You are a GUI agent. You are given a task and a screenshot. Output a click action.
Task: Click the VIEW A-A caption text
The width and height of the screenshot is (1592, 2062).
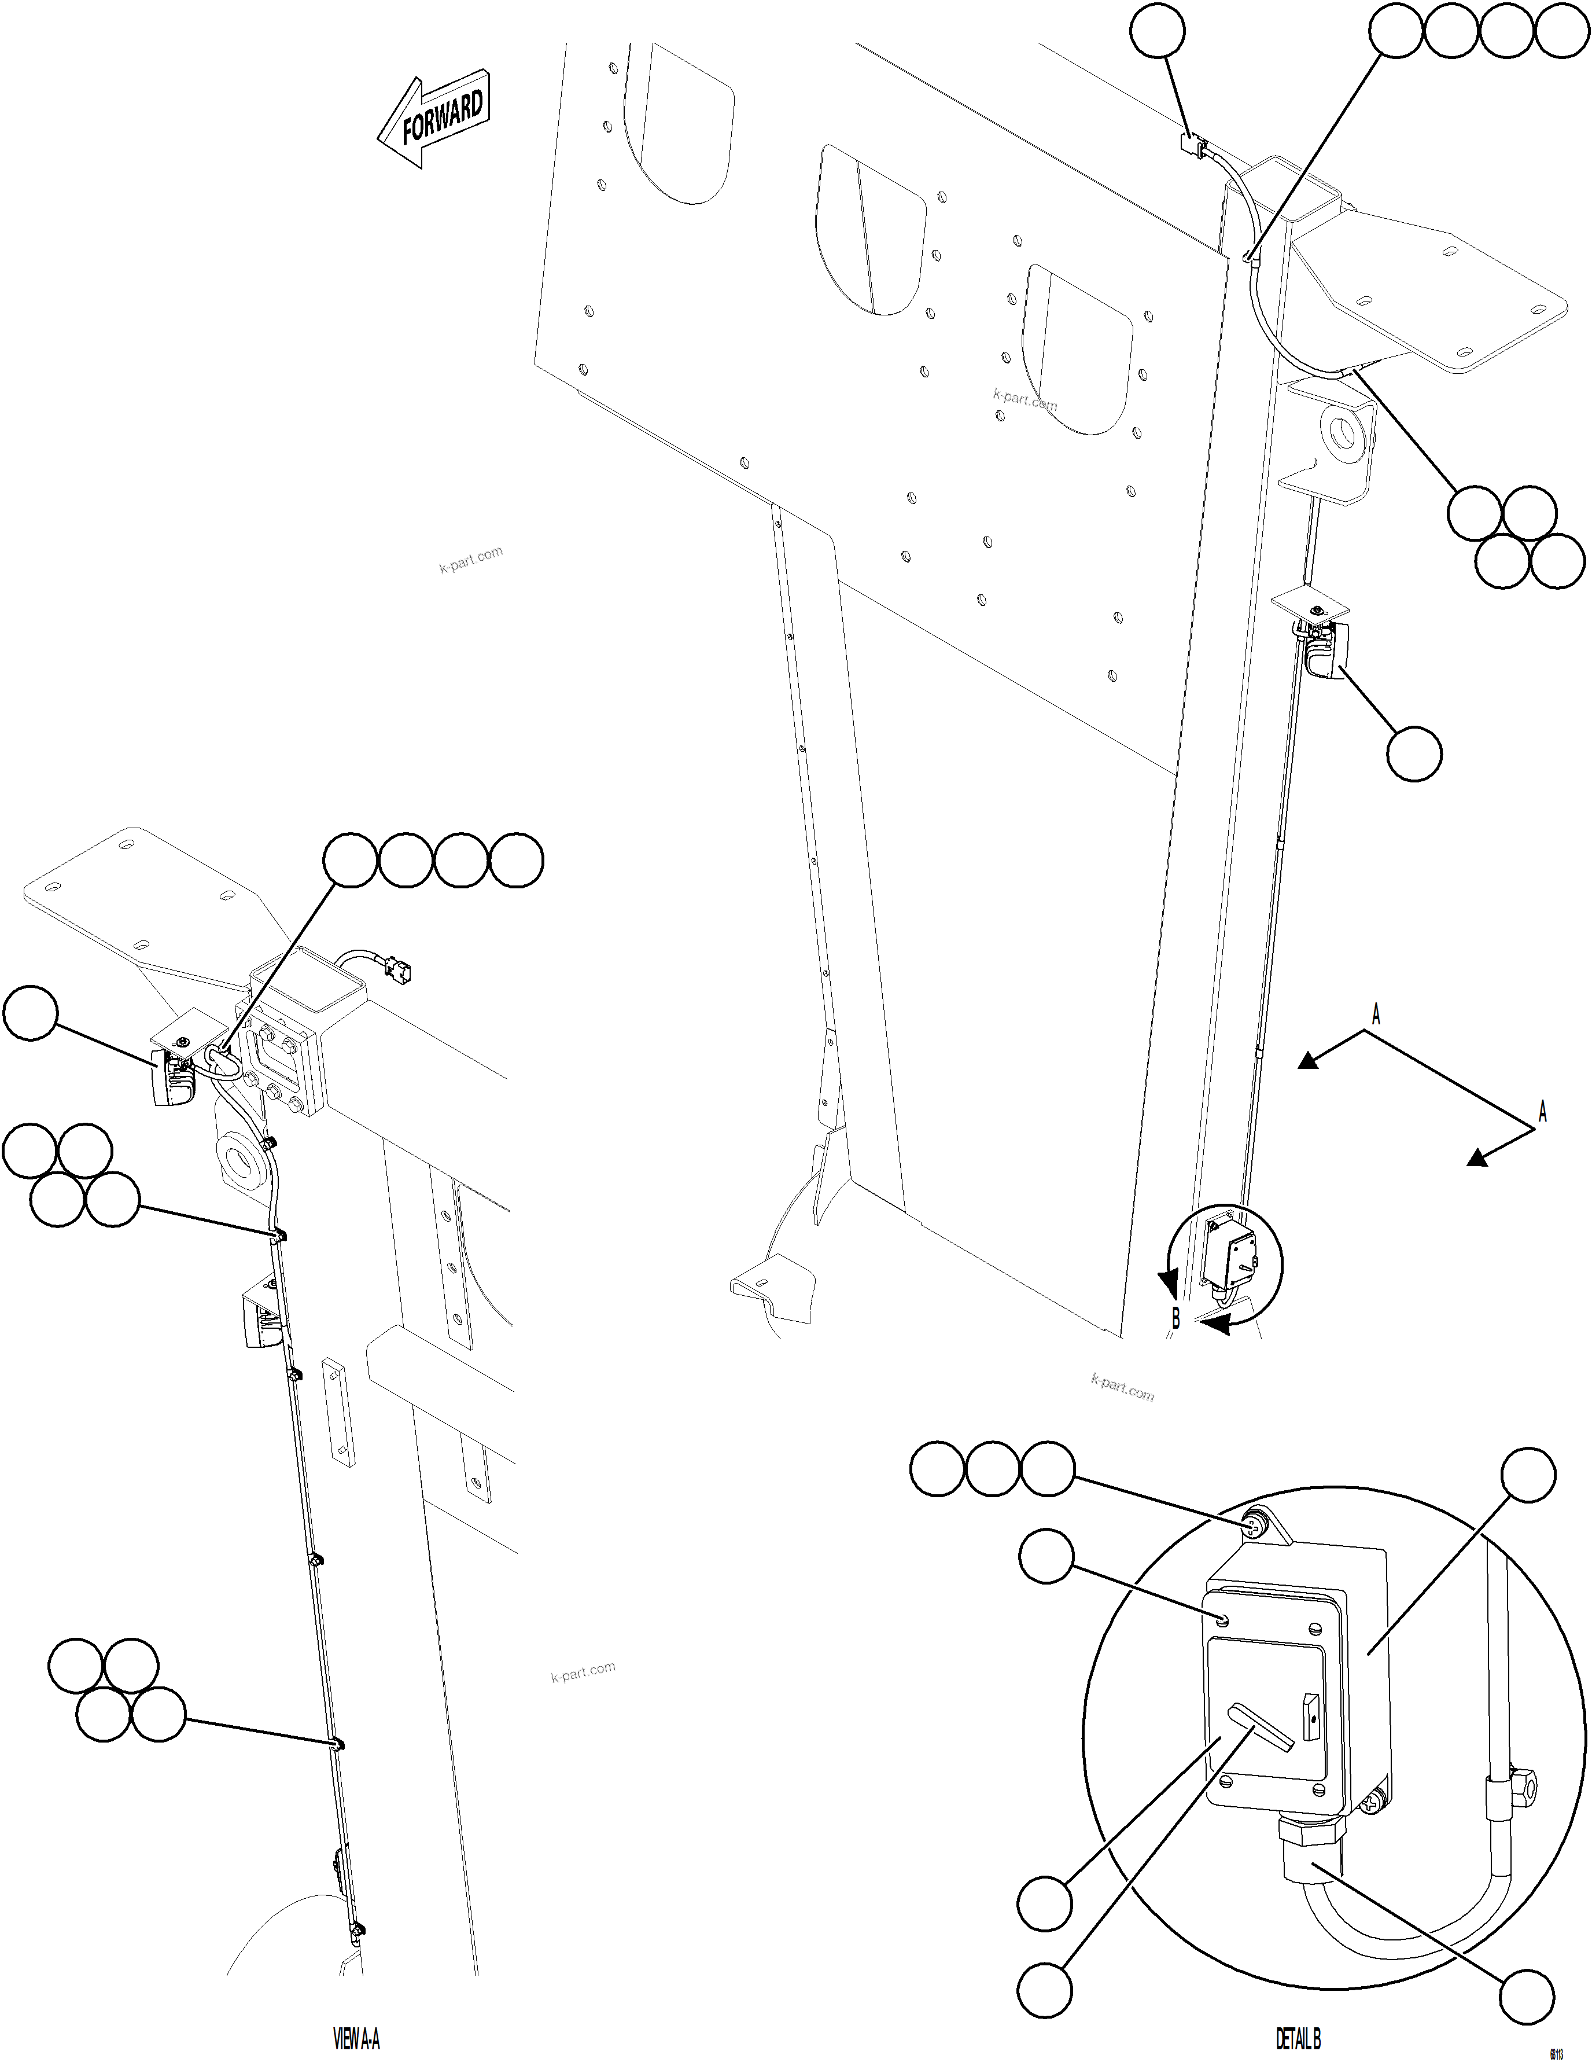357,2039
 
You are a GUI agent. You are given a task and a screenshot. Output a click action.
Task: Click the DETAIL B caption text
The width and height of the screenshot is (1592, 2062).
1298,2039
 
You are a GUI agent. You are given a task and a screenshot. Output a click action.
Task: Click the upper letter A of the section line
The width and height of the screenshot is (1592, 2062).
1375,1016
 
